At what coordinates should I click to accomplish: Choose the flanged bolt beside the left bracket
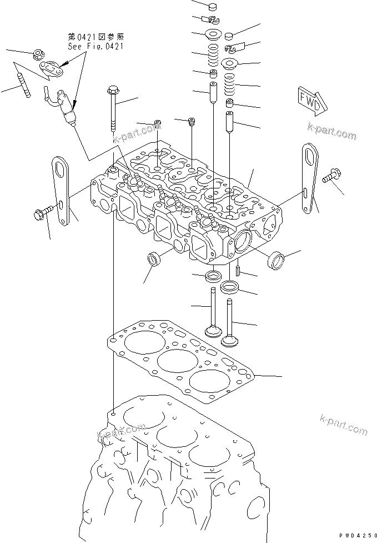click(44, 211)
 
